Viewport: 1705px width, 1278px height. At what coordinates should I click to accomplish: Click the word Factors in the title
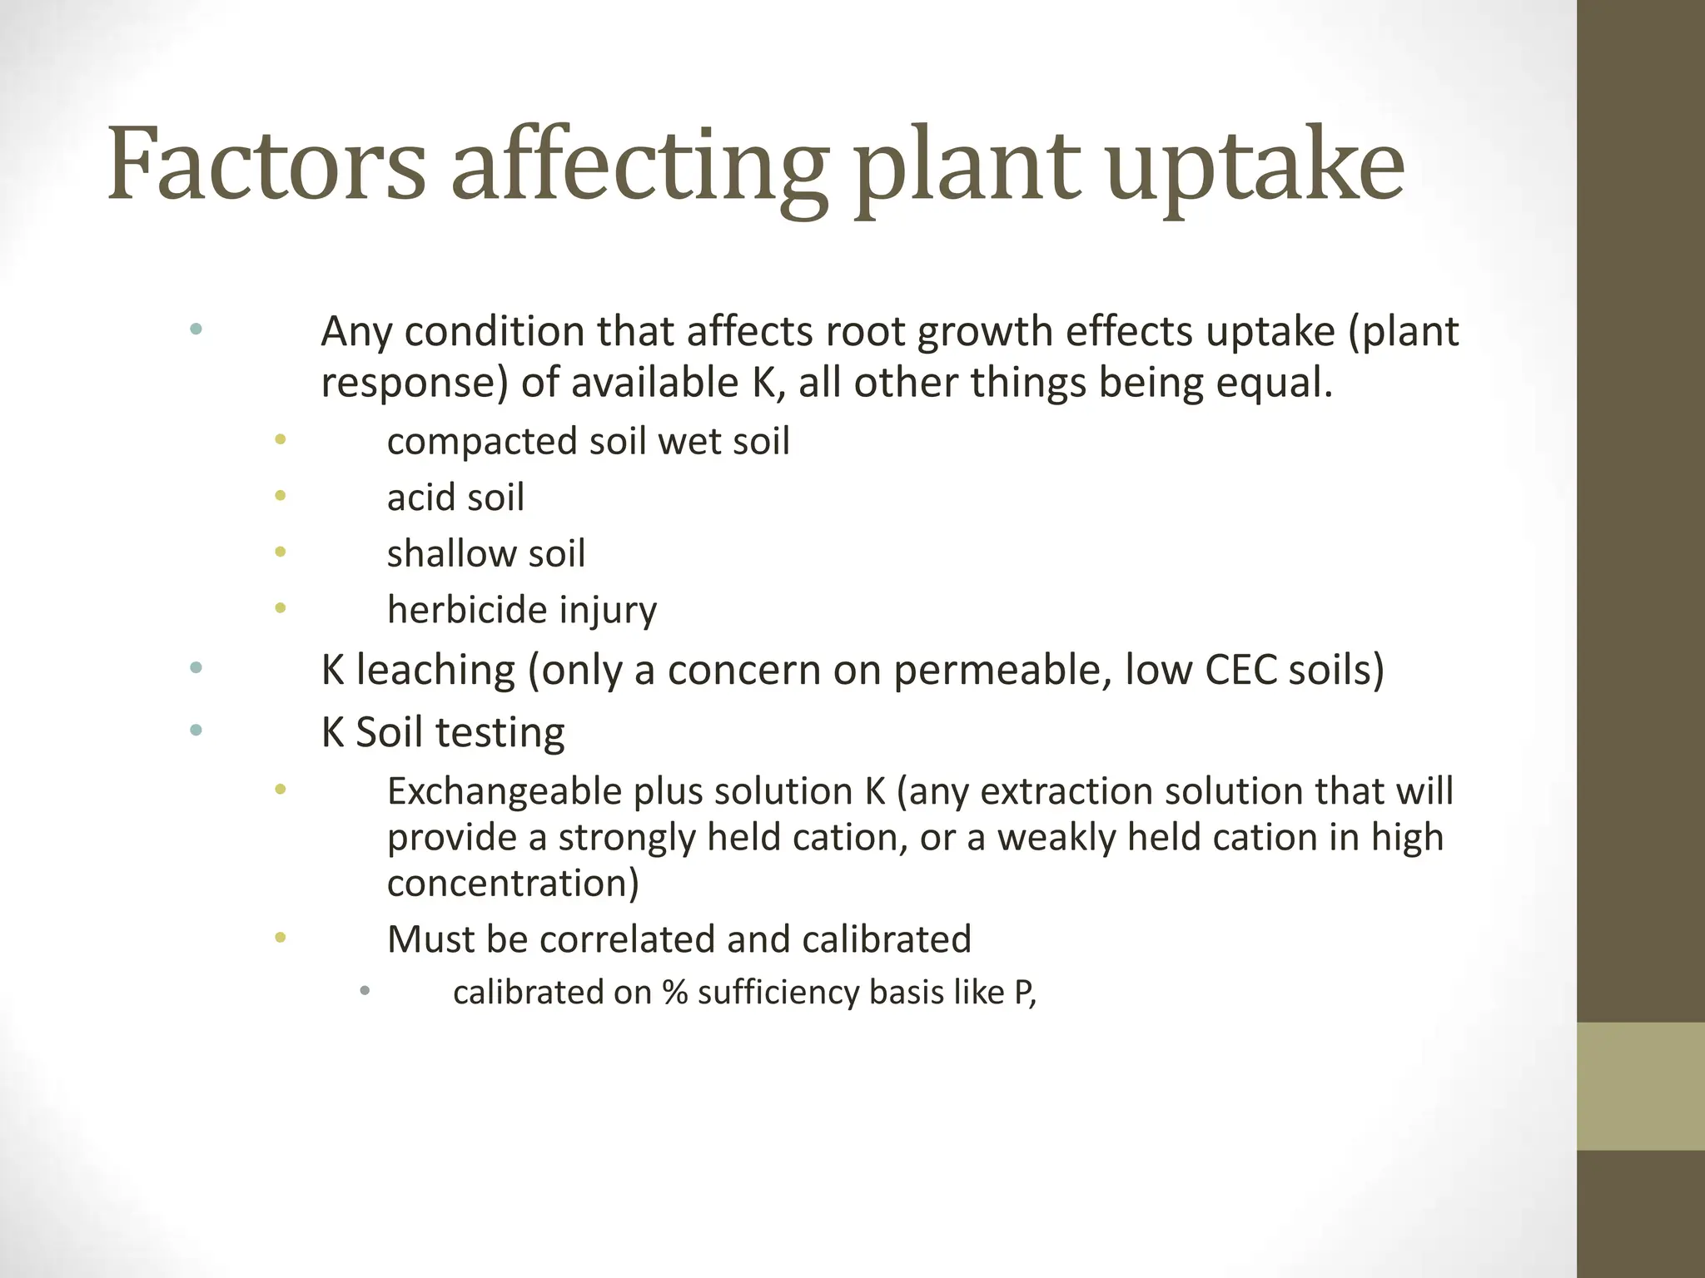[x=266, y=164]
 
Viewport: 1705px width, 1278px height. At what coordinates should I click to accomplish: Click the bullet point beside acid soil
[x=281, y=496]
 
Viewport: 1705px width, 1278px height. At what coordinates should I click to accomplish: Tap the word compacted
[x=482, y=442]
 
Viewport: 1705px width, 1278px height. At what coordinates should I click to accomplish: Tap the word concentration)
[x=513, y=883]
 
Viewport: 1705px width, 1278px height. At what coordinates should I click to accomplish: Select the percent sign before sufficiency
[x=675, y=993]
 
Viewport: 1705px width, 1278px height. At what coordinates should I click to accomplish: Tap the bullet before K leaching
[x=196, y=667]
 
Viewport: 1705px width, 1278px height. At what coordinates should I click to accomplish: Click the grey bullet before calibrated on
[x=365, y=990]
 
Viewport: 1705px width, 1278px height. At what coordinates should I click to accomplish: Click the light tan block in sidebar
[x=1641, y=1086]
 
